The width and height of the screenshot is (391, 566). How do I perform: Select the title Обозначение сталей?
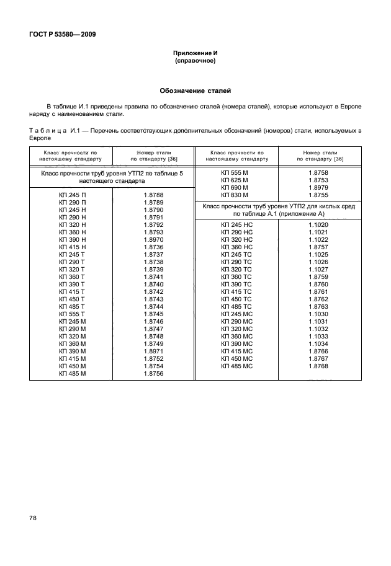(195, 90)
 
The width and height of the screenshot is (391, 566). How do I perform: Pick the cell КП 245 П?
(72, 195)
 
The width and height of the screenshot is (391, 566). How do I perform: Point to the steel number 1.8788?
(153, 195)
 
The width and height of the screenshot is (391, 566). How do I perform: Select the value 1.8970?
(153, 240)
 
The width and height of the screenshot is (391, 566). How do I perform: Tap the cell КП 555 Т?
(72, 314)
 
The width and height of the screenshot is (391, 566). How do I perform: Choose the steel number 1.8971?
(153, 352)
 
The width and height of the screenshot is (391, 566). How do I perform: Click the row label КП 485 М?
(72, 374)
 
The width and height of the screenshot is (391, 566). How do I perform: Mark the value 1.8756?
(153, 374)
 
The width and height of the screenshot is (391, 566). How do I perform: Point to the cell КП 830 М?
(235, 195)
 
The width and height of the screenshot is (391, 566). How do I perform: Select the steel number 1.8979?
(318, 187)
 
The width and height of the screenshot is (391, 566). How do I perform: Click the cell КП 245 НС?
(236, 225)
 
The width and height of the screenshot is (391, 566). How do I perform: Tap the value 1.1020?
(318, 225)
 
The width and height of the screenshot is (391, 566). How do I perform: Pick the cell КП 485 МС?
(236, 366)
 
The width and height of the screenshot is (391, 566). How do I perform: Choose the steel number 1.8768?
(318, 366)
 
